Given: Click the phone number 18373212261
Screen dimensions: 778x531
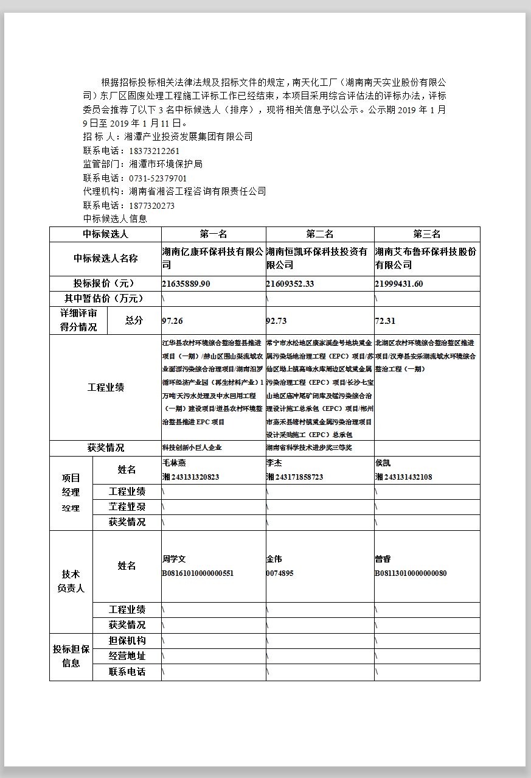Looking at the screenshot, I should [154, 151].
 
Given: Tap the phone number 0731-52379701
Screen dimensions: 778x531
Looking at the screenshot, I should [158, 178].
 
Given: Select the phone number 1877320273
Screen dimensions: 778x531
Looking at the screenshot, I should [151, 206].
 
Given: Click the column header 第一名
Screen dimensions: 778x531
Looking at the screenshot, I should [213, 234].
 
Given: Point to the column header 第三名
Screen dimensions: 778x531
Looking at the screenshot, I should [426, 234].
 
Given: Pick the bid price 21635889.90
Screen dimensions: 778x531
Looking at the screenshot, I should [186, 284].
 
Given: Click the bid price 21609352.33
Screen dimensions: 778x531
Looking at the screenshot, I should [290, 284].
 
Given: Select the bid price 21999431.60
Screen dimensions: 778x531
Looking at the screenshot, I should [399, 284].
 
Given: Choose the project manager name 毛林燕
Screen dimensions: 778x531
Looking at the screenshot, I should [174, 463].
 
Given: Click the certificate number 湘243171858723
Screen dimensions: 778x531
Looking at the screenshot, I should [294, 477].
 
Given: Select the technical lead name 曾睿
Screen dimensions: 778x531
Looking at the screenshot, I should [383, 559].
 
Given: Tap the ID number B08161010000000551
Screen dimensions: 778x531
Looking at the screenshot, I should [198, 573].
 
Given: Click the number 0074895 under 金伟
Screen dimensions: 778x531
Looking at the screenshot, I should [280, 573].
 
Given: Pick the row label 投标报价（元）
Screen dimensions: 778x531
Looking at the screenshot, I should [105, 284].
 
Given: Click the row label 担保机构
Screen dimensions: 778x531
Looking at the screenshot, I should [127, 640].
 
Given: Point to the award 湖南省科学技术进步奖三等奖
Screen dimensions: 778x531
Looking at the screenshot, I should [309, 447].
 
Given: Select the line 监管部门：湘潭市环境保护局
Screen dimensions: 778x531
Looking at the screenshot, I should [142, 164].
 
